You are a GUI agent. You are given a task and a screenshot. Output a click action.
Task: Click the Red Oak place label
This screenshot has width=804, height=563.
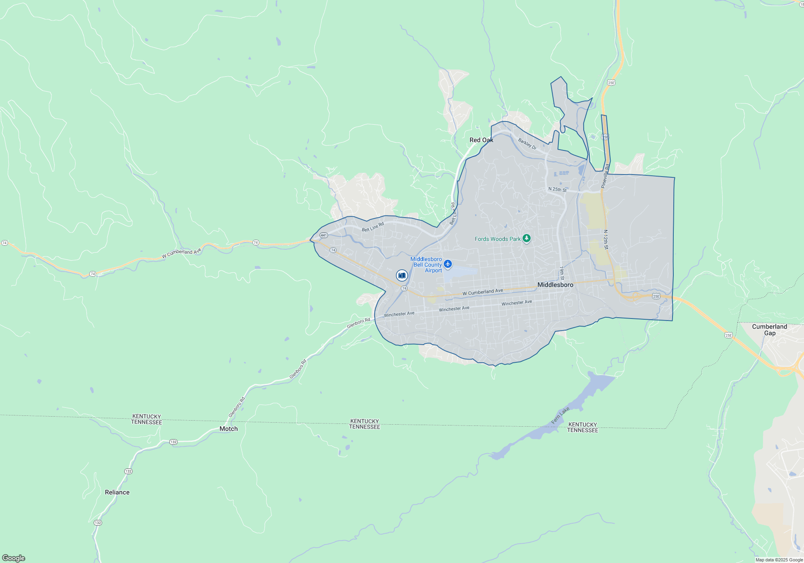[x=481, y=140]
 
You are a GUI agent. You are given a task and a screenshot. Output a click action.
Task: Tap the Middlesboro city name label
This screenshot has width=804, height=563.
[x=555, y=285]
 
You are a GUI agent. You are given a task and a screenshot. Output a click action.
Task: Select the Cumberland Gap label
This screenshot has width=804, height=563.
[x=769, y=330]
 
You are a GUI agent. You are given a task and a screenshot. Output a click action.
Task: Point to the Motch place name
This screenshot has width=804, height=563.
[x=228, y=429]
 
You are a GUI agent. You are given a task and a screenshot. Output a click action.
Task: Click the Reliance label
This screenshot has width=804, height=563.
[x=117, y=492]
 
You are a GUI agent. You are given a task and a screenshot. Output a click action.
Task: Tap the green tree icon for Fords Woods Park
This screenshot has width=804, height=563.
[x=526, y=238]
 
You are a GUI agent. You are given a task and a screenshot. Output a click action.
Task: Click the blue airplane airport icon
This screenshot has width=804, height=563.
[x=448, y=264]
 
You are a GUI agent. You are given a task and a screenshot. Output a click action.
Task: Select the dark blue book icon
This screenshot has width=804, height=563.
[x=402, y=275]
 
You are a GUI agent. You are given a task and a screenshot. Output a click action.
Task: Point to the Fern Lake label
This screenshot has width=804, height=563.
[x=560, y=415]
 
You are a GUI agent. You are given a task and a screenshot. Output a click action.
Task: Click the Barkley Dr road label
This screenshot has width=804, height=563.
[x=527, y=144]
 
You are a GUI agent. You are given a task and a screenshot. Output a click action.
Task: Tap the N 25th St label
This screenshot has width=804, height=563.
[x=557, y=189]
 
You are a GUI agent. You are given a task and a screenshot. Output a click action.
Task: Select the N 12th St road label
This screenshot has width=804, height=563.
[x=606, y=239]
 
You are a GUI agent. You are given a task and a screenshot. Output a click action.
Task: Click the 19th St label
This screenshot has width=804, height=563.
[x=562, y=273]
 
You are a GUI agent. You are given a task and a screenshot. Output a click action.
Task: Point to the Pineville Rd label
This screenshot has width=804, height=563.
[x=605, y=176]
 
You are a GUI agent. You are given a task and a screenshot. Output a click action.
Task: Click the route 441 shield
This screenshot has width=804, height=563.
[x=324, y=235]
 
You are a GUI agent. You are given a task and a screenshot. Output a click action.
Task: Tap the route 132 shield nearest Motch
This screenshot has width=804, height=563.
[x=173, y=442]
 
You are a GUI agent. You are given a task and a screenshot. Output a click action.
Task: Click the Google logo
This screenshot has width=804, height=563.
[x=14, y=558]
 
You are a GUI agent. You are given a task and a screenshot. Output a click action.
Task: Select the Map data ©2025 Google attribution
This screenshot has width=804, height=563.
[x=779, y=560]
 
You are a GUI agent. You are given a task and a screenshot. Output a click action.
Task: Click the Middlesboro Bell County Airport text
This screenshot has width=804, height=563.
[x=427, y=265]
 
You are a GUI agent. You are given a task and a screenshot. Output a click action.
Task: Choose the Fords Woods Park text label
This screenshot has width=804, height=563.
[x=497, y=239]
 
